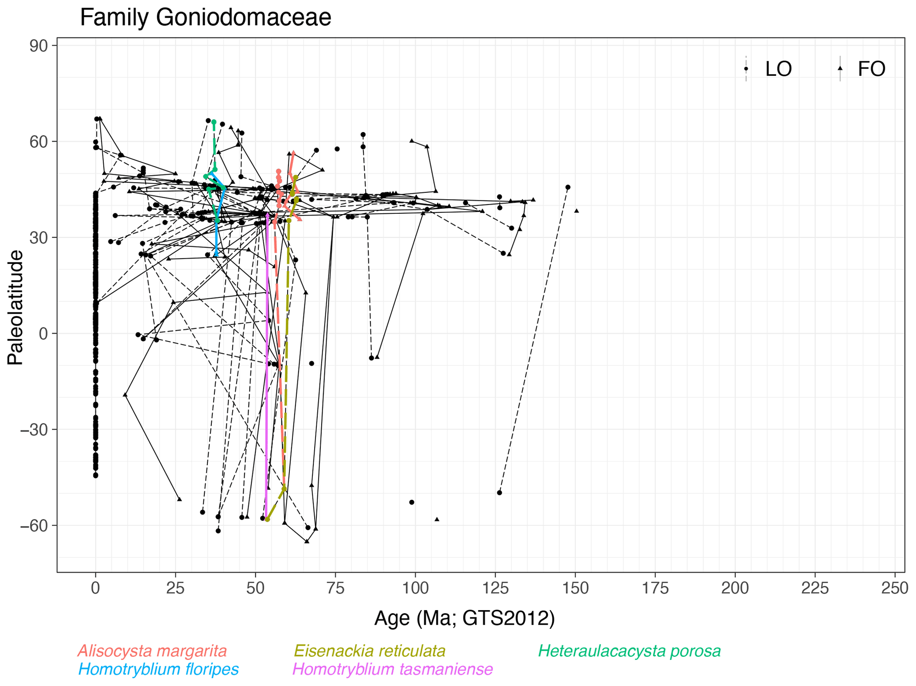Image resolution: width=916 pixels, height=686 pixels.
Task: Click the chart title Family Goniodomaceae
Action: pyautogui.click(x=205, y=18)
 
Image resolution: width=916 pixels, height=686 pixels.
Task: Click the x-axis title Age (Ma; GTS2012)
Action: pyautogui.click(x=464, y=618)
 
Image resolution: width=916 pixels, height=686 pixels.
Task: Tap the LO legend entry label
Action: pyautogui.click(x=778, y=69)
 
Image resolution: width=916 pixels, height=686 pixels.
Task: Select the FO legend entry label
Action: pyautogui.click(x=871, y=69)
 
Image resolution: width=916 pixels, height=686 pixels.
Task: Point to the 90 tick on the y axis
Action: pyautogui.click(x=39, y=46)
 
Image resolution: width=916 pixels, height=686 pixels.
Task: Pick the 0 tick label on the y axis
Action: pyautogui.click(x=43, y=333)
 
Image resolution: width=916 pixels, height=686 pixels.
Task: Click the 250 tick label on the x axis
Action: pyautogui.click(x=895, y=588)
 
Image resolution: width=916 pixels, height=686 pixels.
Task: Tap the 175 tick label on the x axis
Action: pyautogui.click(x=655, y=588)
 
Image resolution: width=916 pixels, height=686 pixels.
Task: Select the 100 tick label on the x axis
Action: pyautogui.click(x=415, y=588)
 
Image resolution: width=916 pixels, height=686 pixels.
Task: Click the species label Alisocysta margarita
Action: pyautogui.click(x=152, y=651)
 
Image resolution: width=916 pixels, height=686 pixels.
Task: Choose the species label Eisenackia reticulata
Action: pyautogui.click(x=370, y=651)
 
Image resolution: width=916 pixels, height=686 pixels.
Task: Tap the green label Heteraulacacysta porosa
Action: pyautogui.click(x=629, y=651)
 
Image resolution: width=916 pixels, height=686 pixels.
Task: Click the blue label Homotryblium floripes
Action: pyautogui.click(x=158, y=669)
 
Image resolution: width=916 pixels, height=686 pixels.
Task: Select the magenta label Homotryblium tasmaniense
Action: pyautogui.click(x=393, y=669)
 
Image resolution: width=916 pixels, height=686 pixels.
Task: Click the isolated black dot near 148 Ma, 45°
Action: pyautogui.click(x=568, y=188)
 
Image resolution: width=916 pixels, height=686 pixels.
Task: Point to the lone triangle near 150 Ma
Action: pyautogui.click(x=577, y=211)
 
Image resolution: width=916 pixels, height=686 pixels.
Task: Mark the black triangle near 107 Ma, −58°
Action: pyautogui.click(x=437, y=519)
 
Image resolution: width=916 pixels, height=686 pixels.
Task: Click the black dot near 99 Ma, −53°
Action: pyautogui.click(x=412, y=502)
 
